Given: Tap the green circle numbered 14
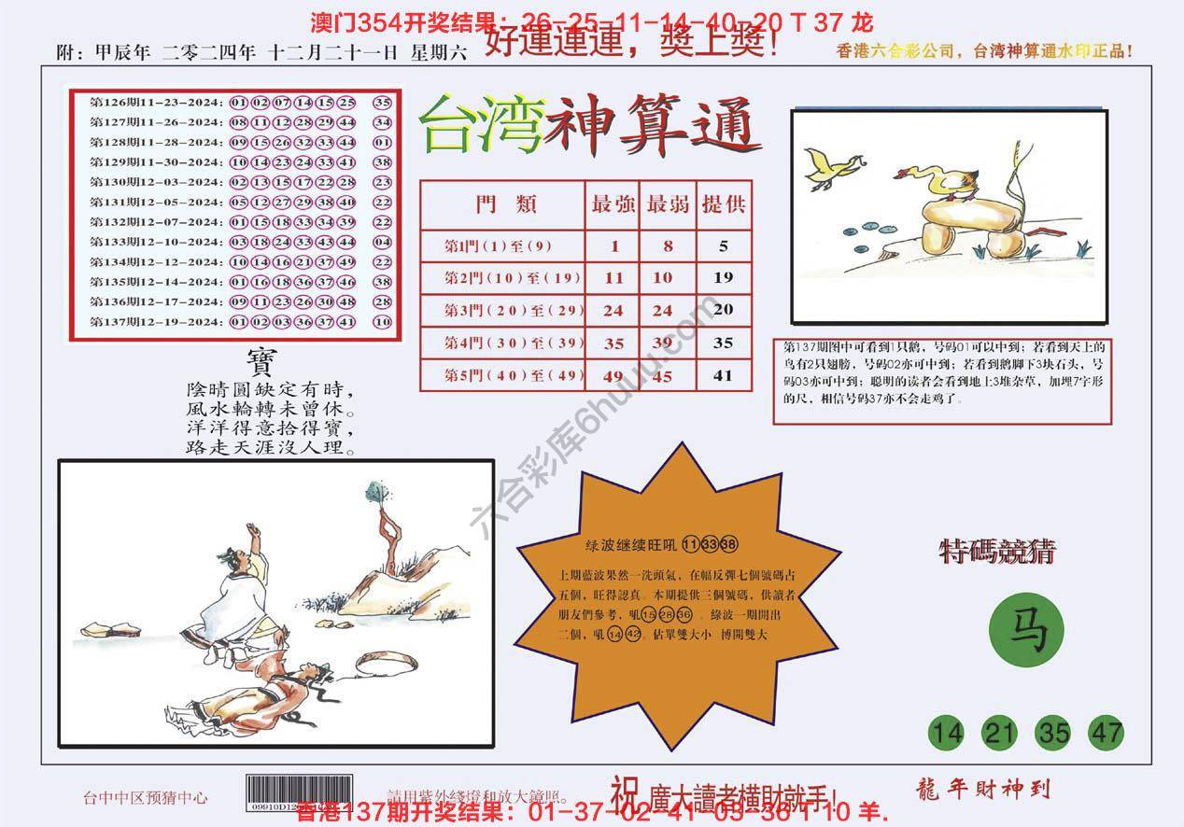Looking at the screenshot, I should (946, 733).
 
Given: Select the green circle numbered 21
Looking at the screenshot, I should (1000, 733).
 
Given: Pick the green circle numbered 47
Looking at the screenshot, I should (1106, 733).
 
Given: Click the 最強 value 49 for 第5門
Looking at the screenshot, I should (613, 377).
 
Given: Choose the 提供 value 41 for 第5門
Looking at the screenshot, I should (724, 376).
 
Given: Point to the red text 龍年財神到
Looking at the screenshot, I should (979, 789).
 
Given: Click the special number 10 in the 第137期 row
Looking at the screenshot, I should (382, 322).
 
